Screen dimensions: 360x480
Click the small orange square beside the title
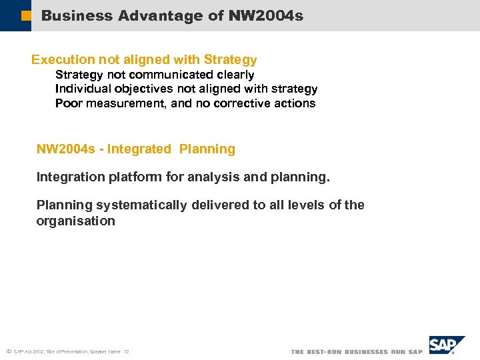(x=26, y=15)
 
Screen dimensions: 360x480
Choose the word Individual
(x=81, y=89)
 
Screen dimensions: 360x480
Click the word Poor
(x=68, y=103)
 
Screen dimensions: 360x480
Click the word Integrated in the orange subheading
(x=139, y=149)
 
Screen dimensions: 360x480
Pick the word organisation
(x=75, y=221)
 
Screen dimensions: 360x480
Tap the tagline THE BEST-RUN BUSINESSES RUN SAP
(x=357, y=351)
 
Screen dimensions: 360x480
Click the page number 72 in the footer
(x=126, y=351)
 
